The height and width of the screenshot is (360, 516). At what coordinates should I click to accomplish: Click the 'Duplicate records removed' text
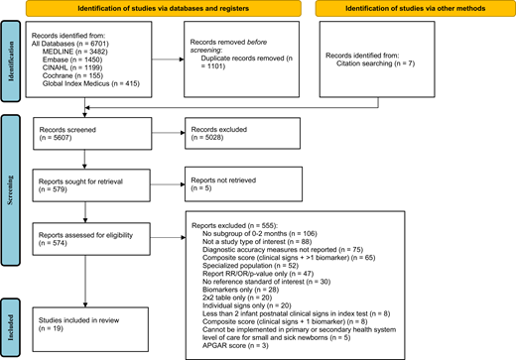pos(237,60)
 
